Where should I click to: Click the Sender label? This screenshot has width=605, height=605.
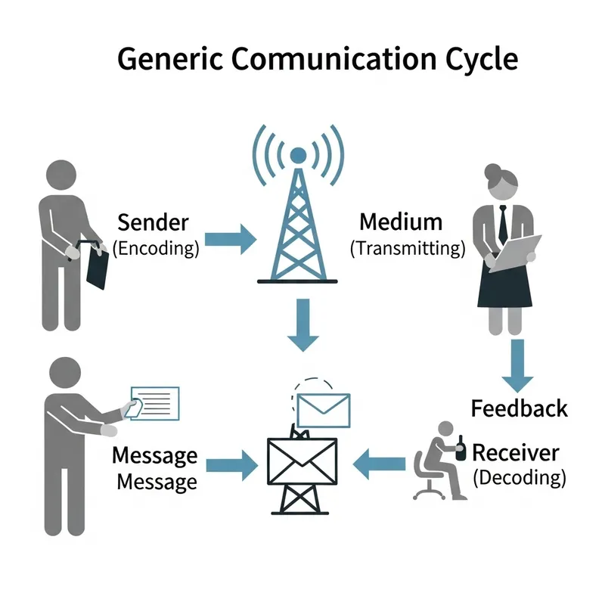click(154, 222)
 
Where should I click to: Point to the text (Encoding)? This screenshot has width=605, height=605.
click(156, 247)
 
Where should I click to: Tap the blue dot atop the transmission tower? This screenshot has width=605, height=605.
click(298, 156)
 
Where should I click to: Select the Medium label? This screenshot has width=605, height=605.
click(401, 222)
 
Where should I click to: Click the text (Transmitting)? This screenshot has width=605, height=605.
click(408, 247)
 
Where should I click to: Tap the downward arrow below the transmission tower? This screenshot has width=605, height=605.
click(303, 324)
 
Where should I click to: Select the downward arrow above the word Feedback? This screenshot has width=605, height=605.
click(517, 365)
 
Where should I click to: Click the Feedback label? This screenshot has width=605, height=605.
click(519, 409)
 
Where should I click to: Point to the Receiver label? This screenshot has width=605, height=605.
click(516, 453)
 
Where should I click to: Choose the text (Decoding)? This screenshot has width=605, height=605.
click(519, 478)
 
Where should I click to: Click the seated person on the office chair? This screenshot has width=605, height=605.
click(440, 461)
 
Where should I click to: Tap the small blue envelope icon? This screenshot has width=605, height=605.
click(323, 410)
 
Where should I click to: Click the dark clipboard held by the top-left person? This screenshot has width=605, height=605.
click(98, 265)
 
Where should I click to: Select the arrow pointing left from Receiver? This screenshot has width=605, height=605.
click(383, 463)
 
